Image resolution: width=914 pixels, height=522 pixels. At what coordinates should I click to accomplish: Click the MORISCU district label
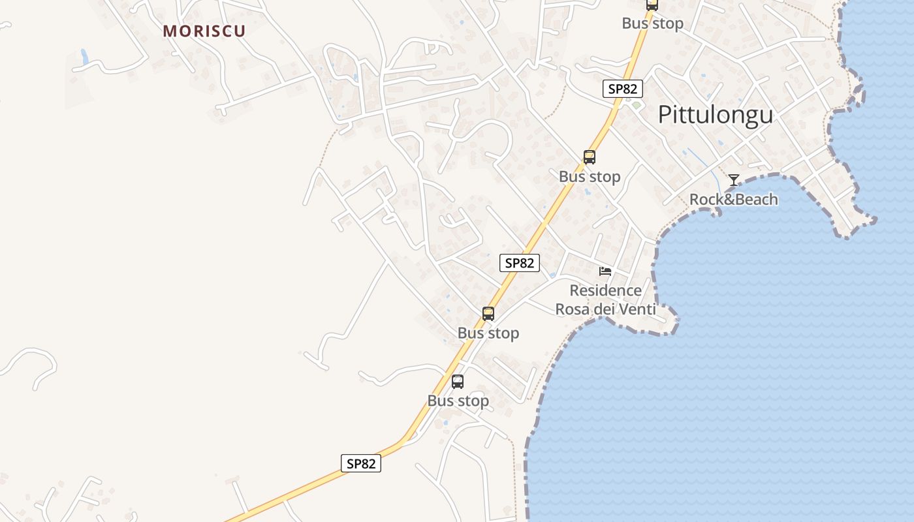click(x=204, y=31)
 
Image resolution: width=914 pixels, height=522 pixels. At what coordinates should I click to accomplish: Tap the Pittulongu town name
click(x=715, y=115)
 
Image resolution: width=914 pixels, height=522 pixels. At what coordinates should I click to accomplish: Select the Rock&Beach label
click(x=734, y=199)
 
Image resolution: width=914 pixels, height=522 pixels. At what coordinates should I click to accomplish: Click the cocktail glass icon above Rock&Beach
click(x=734, y=179)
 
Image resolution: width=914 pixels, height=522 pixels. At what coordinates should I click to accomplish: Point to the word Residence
click(x=605, y=290)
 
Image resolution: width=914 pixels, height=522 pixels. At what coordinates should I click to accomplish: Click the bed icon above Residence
click(x=605, y=271)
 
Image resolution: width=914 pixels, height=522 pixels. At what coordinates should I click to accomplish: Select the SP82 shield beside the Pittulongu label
click(x=622, y=89)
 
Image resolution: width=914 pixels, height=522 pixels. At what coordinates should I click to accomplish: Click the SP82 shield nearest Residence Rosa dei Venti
click(x=520, y=263)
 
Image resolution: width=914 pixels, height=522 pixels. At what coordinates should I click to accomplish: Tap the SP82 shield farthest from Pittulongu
click(x=360, y=463)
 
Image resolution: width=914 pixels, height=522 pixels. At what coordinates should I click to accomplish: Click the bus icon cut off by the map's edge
click(x=652, y=5)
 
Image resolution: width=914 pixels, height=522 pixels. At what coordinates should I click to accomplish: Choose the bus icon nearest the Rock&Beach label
click(x=590, y=157)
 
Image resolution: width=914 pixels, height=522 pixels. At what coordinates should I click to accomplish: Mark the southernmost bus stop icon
click(x=458, y=382)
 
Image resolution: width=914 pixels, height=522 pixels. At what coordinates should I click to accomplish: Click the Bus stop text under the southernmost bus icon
click(x=458, y=401)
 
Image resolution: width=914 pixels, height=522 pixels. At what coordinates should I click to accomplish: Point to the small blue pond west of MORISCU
click(x=84, y=57)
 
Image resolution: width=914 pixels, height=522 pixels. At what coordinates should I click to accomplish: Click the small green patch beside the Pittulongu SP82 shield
click(x=636, y=104)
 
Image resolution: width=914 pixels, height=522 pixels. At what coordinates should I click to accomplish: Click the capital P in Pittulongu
click(x=665, y=115)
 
